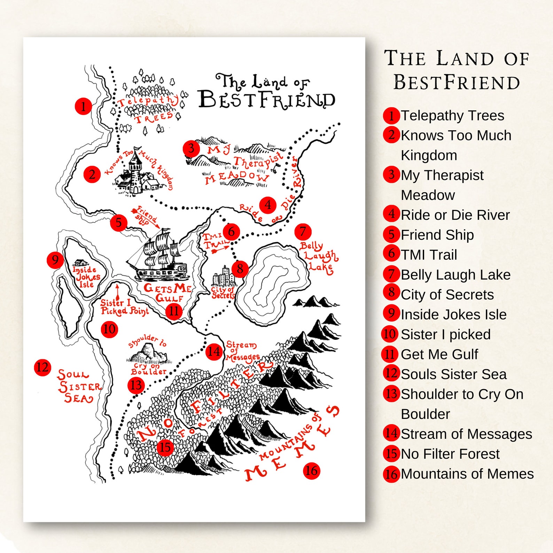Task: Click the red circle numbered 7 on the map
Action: (x=303, y=232)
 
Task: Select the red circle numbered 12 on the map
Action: (x=42, y=367)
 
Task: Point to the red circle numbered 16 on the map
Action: (x=311, y=471)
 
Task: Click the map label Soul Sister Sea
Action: (x=79, y=387)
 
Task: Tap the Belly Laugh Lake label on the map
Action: (x=319, y=257)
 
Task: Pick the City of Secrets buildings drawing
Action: (x=223, y=277)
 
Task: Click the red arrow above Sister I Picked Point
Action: (x=117, y=291)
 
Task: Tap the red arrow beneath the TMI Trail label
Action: (x=220, y=249)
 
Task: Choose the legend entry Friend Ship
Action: (x=437, y=235)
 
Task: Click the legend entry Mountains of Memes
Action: (x=467, y=474)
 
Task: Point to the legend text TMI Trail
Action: (x=429, y=255)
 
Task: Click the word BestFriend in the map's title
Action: (x=266, y=100)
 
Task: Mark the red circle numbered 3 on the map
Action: (x=191, y=149)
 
